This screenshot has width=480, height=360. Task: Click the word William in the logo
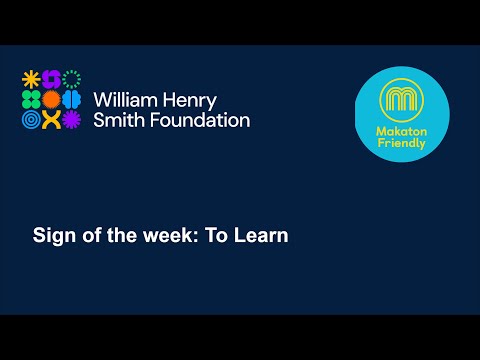(123, 100)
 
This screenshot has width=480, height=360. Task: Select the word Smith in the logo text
(118, 120)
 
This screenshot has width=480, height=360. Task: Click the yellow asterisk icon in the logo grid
(30, 79)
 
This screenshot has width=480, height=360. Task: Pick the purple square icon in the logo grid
(50, 79)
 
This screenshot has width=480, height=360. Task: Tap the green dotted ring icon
(71, 79)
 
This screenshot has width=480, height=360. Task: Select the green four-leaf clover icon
(30, 99)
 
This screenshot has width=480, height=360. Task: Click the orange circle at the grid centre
(50, 99)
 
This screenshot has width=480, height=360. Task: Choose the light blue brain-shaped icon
(71, 99)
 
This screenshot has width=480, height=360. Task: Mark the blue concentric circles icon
(30, 120)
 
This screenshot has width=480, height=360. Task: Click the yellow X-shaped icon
(50, 120)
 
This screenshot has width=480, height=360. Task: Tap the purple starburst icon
(71, 120)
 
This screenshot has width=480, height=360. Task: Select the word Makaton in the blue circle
(402, 130)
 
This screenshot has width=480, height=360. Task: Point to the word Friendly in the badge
(402, 143)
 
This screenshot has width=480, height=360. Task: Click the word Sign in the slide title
(52, 237)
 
